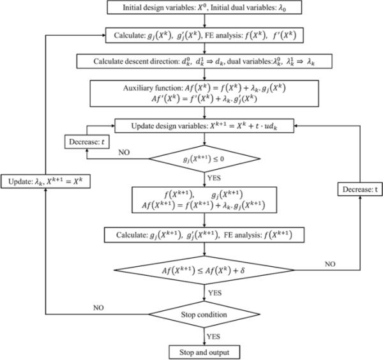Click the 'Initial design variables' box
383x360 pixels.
(x=204, y=8)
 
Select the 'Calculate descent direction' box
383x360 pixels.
(x=204, y=62)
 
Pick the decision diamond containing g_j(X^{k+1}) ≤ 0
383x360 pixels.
(x=204, y=156)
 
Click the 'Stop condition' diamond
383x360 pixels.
(x=204, y=314)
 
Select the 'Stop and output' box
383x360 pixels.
(x=204, y=350)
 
